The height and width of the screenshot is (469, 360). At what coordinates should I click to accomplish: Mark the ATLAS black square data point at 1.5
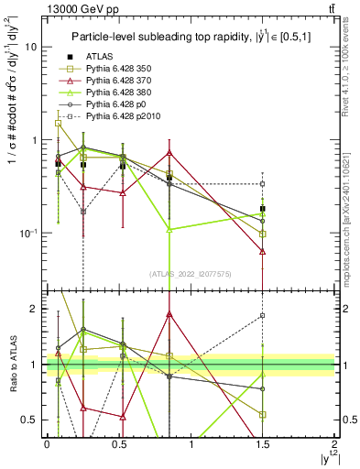[263, 209]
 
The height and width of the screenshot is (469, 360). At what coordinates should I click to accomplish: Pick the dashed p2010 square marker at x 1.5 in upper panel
[263, 184]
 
